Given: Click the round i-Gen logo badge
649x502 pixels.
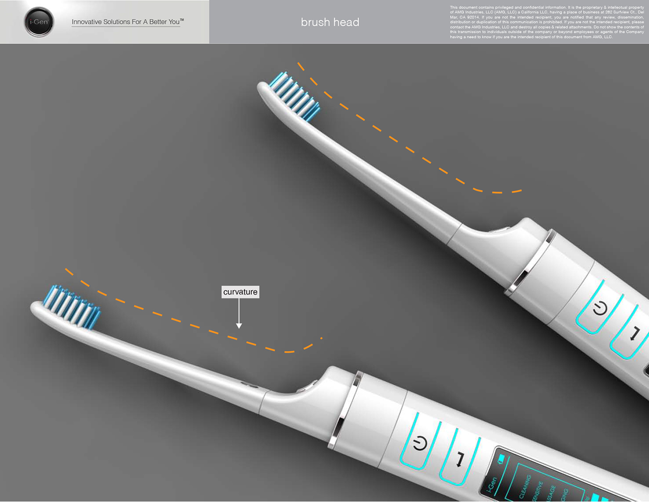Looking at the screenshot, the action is (x=39, y=22).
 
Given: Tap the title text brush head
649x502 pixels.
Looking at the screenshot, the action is (x=330, y=22).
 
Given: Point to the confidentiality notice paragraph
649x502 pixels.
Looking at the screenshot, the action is (x=547, y=22).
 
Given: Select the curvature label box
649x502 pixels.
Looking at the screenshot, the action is (x=240, y=292).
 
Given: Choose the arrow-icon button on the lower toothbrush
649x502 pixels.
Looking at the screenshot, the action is (x=460, y=459).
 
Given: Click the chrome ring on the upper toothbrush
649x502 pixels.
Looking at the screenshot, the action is (x=530, y=263).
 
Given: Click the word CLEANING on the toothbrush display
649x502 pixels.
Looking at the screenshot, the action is (x=525, y=487).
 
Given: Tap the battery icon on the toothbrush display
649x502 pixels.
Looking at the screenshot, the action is (x=501, y=460).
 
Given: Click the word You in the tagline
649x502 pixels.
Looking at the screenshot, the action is (x=174, y=22).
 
